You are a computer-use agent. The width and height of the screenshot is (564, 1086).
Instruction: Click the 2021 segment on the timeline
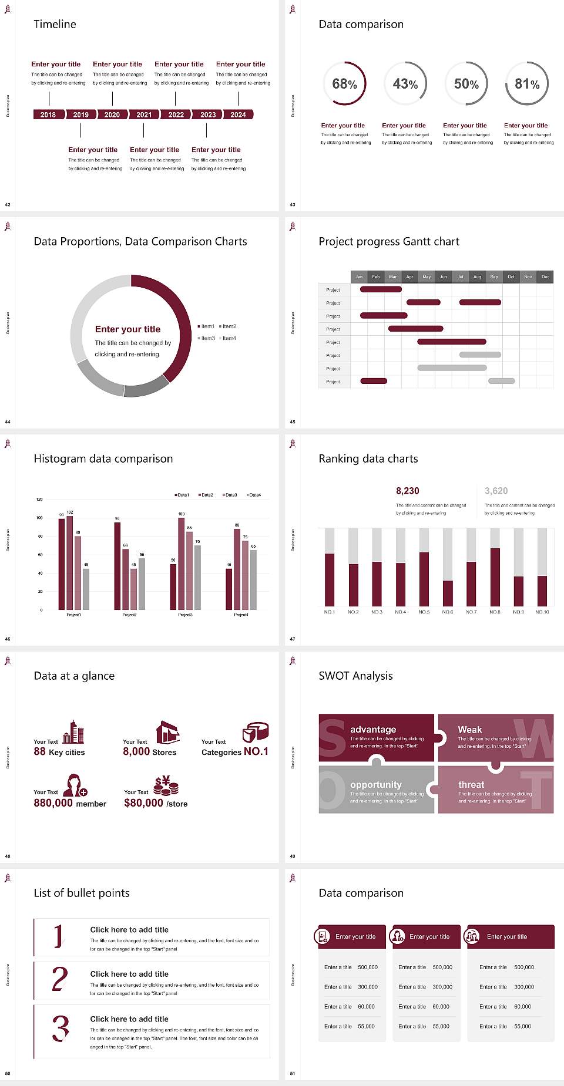[144, 114]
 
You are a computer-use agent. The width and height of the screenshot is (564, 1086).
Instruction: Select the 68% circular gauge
[344, 83]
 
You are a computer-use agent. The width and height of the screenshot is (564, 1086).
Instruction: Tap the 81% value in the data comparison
[527, 84]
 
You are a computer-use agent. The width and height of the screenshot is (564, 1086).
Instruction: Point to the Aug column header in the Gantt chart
[477, 276]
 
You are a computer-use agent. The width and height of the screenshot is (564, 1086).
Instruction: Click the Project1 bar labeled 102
[70, 561]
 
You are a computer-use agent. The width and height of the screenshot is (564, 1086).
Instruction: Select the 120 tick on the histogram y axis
[39, 499]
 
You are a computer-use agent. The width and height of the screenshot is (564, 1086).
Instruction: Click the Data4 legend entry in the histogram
[254, 495]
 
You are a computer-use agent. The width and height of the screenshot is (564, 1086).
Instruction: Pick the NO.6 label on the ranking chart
[448, 612]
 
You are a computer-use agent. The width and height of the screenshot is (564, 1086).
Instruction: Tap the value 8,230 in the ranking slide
[408, 491]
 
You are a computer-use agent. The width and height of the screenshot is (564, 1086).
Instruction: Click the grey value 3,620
[496, 491]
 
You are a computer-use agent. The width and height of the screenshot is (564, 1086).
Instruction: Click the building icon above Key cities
[73, 732]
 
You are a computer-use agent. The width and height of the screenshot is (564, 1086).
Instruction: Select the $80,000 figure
[143, 802]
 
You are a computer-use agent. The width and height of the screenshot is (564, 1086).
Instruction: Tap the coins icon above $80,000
[166, 785]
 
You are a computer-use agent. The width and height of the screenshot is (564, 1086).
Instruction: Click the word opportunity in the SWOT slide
[376, 784]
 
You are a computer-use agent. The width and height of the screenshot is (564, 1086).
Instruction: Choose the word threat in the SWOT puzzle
[471, 784]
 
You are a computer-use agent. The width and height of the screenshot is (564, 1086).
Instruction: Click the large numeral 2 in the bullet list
[60, 979]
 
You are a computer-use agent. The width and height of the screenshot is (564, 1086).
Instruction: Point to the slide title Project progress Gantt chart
[389, 241]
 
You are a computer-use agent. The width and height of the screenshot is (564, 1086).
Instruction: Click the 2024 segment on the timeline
[238, 114]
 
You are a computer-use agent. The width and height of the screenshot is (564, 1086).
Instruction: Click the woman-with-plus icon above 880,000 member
[75, 785]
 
